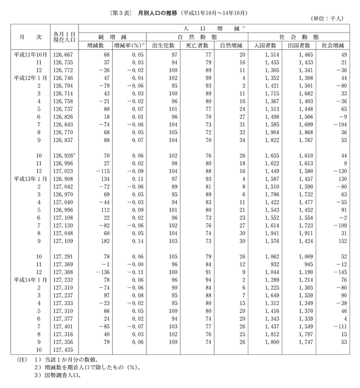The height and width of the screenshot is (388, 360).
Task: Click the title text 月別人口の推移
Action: (x=161, y=13)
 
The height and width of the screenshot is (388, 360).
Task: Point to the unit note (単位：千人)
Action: (x=327, y=19)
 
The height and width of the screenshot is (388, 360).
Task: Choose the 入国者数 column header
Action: (x=267, y=46)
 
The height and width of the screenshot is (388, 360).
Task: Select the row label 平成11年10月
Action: (x=30, y=56)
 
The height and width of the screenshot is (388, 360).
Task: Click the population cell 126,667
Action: (x=64, y=56)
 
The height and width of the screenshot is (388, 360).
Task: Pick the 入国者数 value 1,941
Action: (x=269, y=234)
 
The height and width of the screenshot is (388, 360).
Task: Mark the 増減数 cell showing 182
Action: (x=105, y=242)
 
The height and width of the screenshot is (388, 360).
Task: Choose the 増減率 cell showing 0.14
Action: (x=138, y=242)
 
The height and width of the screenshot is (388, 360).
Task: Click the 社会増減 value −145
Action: (x=337, y=272)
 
